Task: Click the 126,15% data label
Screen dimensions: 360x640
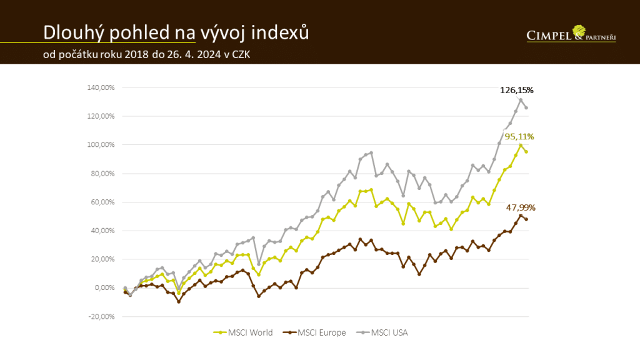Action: pos(516,90)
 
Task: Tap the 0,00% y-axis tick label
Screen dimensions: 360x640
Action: pos(103,288)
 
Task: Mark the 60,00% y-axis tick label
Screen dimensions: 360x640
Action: pos(102,202)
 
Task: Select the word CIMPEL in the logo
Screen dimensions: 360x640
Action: pos(549,36)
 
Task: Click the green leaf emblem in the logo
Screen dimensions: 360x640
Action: pos(579,31)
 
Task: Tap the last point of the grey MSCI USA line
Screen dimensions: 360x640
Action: pos(526,107)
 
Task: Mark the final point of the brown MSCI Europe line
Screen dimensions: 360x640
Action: pos(526,219)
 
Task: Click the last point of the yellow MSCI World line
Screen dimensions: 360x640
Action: pos(526,152)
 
